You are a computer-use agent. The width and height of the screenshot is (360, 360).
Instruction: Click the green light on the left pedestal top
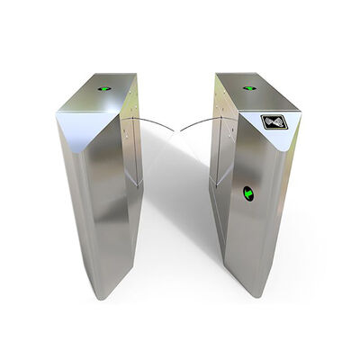pos(103,89)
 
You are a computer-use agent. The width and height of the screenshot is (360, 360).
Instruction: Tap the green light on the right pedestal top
pos(250,89)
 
